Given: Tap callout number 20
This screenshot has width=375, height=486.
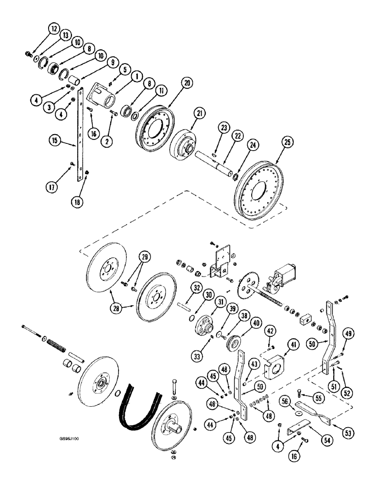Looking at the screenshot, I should [x=173, y=84].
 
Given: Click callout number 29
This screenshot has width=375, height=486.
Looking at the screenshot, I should [x=144, y=257].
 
